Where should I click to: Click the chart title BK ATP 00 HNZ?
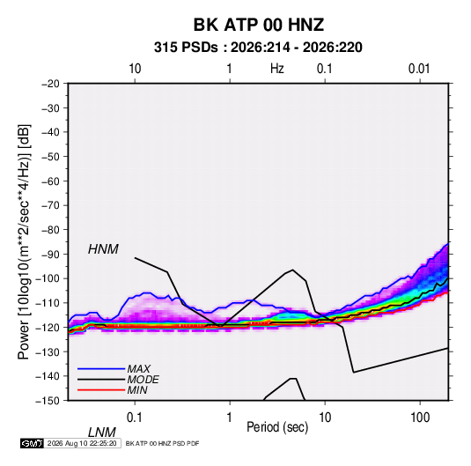(258, 25)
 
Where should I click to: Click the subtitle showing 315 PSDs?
(258, 48)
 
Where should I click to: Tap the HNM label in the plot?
(103, 249)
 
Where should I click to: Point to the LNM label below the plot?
(102, 433)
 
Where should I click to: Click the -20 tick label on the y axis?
(50, 84)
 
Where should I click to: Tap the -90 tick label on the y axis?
(50, 255)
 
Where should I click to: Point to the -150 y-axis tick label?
(48, 401)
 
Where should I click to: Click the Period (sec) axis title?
(277, 427)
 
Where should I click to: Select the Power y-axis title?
(24, 242)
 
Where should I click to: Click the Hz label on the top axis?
(277, 69)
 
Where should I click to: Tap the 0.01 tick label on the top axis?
(419, 69)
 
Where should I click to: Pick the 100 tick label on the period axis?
(420, 418)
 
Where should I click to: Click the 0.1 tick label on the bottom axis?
(135, 418)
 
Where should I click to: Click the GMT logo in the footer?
(32, 443)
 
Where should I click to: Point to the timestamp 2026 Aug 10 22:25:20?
(82, 443)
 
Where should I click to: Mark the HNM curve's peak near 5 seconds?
(292, 270)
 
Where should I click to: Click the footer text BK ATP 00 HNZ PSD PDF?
(162, 443)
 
